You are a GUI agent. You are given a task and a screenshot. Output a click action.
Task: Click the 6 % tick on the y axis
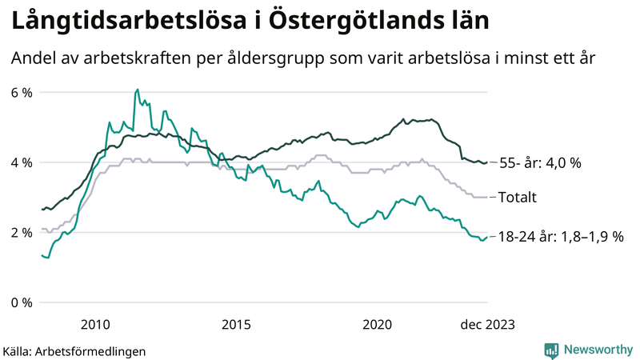(x=21, y=93)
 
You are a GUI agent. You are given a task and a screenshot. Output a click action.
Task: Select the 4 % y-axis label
(x=21, y=162)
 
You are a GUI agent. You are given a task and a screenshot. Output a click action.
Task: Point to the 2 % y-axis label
(x=21, y=233)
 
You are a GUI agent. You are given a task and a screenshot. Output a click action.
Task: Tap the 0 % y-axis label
(x=21, y=302)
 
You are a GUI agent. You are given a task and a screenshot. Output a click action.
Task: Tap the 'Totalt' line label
(x=518, y=198)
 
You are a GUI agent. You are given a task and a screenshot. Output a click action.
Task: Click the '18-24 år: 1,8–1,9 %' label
(x=561, y=237)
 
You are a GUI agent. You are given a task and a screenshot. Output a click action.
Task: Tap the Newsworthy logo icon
(x=551, y=350)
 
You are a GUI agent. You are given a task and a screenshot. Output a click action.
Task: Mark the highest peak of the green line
(x=137, y=90)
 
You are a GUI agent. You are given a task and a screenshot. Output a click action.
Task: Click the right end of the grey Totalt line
(x=487, y=197)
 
